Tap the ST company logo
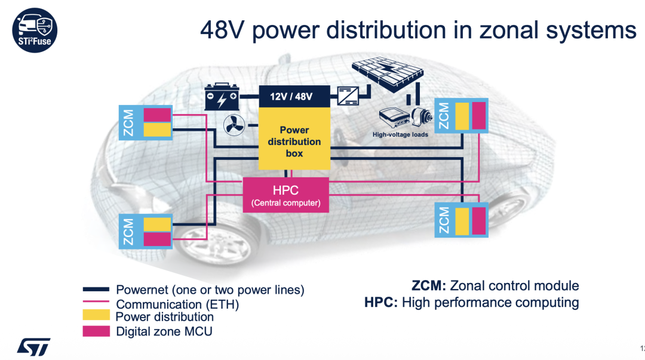coord(33,346)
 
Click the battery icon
coord(222,97)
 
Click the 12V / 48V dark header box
coord(294,96)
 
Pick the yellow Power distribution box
coord(294,141)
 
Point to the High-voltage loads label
coord(400,134)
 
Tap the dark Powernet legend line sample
coord(96,289)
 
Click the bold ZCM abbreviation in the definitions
coord(429,285)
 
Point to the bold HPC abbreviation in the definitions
coord(381,302)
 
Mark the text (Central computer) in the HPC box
coord(285,203)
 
